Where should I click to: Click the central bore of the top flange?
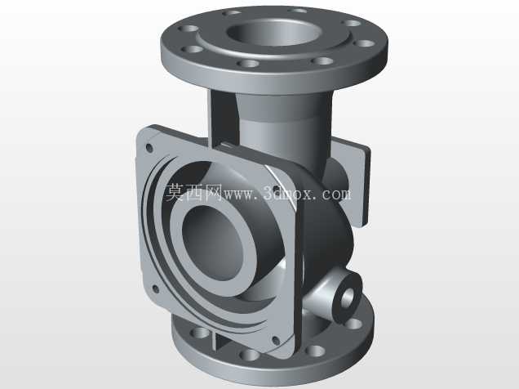point(274,32)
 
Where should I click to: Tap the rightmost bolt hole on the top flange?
point(364,43)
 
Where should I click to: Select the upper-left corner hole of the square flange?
point(149,148)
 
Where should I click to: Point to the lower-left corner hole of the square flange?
point(155,289)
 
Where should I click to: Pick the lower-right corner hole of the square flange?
point(275,340)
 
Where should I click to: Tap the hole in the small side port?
point(348,297)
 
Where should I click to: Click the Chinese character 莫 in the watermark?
point(175,192)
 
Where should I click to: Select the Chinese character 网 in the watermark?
point(213,192)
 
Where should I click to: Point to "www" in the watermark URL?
point(240,194)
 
